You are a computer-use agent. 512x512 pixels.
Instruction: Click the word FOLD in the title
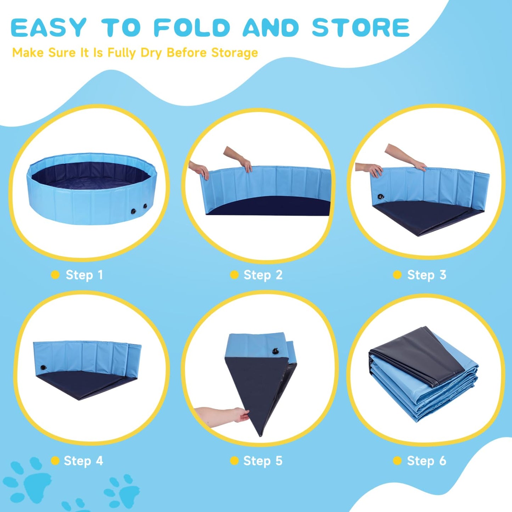[x=192, y=27]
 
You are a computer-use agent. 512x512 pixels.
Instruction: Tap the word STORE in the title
[x=361, y=27]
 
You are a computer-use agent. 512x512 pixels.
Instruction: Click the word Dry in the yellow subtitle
[x=151, y=53]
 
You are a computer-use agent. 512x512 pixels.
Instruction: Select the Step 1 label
[x=84, y=275]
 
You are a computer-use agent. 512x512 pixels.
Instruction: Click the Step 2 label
[x=263, y=275]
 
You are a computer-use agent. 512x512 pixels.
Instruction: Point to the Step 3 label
[x=427, y=275]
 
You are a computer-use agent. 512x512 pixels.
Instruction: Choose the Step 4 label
[x=83, y=461]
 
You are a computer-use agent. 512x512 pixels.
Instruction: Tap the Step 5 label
[x=263, y=461]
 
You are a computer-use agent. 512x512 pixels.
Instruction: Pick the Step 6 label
[x=427, y=461]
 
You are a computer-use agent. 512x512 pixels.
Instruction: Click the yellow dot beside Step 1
[x=55, y=275]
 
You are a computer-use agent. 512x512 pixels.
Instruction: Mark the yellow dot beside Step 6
[x=397, y=461]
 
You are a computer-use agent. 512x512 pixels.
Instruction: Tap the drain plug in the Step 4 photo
[x=43, y=367]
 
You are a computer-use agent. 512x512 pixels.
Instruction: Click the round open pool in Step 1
[x=92, y=189]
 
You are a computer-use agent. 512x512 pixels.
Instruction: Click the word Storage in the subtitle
[x=234, y=53]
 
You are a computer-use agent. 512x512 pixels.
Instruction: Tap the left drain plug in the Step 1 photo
[x=133, y=212]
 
